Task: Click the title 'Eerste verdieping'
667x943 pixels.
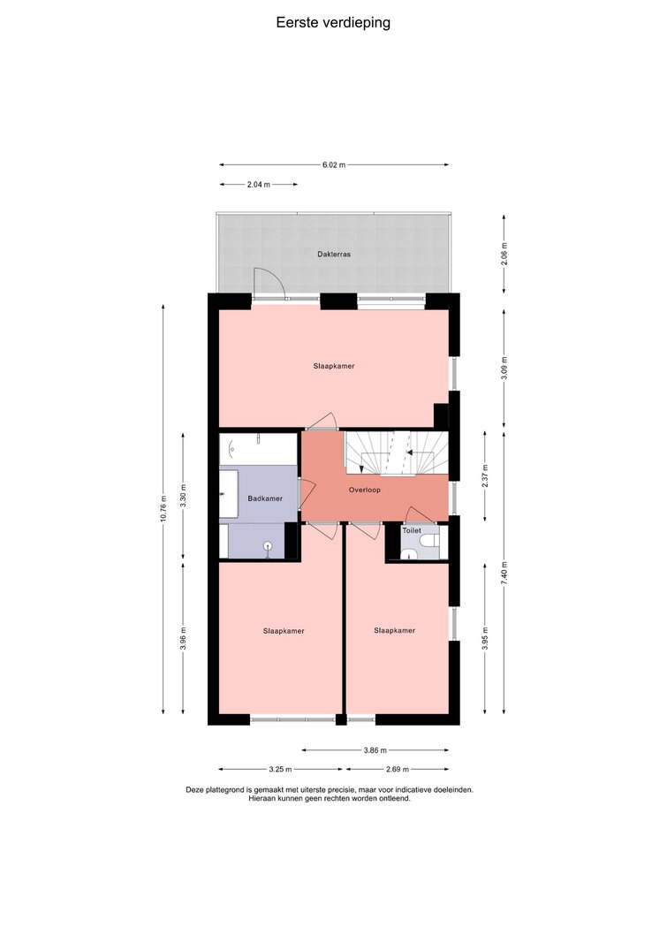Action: [333, 23]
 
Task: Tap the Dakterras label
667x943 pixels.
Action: [334, 255]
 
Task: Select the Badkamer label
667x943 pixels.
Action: [265, 498]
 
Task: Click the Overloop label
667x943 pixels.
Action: [365, 491]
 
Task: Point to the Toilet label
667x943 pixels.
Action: [412, 531]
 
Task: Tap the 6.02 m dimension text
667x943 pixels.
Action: [334, 164]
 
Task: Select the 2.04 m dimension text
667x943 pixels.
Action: [258, 185]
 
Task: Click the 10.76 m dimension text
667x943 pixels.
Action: [163, 509]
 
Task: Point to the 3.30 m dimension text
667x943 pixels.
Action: [183, 496]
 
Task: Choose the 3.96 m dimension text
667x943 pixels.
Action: [183, 639]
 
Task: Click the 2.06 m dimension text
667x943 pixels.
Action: [504, 254]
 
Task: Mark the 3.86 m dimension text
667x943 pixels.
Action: [375, 750]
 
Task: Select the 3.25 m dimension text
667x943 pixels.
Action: [280, 769]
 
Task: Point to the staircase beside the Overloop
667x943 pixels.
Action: [396, 452]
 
